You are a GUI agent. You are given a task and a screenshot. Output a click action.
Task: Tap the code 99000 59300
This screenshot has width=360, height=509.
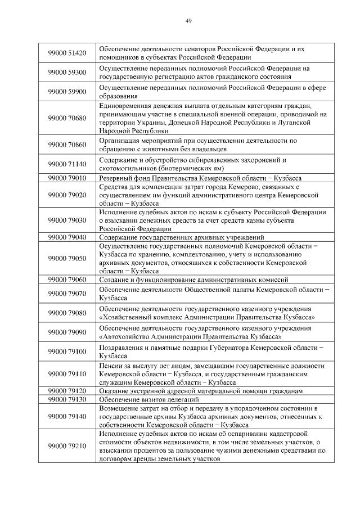pyautogui.click(x=67, y=73)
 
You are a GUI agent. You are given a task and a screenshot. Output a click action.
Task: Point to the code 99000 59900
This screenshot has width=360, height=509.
pyautogui.click(x=67, y=92)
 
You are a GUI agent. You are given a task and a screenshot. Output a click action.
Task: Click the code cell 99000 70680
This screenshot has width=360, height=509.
pyautogui.click(x=67, y=118)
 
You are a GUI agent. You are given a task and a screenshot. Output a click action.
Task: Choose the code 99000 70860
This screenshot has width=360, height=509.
pyautogui.click(x=67, y=145)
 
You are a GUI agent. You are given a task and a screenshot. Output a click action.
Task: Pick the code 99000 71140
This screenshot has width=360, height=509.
pyautogui.click(x=67, y=164)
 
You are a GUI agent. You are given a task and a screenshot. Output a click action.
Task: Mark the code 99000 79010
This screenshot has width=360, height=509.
pyautogui.click(x=67, y=178)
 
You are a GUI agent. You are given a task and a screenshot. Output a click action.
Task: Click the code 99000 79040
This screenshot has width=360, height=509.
pyautogui.click(x=67, y=237)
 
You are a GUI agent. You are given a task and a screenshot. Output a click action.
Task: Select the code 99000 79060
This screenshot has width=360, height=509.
pyautogui.click(x=67, y=279)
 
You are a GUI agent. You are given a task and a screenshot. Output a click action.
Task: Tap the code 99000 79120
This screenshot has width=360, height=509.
pyautogui.click(x=67, y=390)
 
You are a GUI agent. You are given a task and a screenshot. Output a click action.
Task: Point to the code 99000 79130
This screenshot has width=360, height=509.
pyautogui.click(x=67, y=399)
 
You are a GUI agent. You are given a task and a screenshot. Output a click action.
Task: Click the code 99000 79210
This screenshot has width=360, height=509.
pyautogui.click(x=67, y=446)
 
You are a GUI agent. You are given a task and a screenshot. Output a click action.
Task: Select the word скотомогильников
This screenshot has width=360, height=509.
pyautogui.click(x=125, y=168)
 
